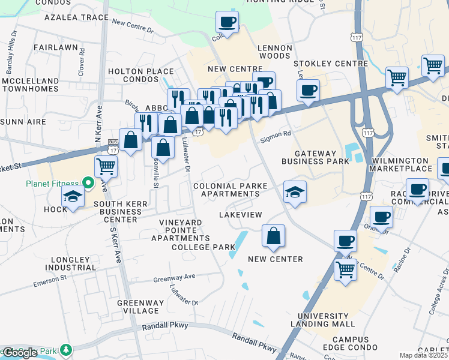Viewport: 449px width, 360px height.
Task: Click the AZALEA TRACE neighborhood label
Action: pos(76,17)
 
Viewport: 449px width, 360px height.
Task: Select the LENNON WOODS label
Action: pos(274,52)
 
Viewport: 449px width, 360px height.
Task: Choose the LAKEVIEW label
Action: pos(240,214)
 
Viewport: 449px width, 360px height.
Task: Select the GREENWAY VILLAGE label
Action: pos(138,307)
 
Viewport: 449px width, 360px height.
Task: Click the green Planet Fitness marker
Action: pos(88,182)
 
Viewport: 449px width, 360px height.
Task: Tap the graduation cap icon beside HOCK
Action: pos(73,196)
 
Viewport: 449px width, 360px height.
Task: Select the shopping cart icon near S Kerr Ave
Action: pos(106,166)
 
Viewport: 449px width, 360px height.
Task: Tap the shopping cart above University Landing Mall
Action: pos(345,269)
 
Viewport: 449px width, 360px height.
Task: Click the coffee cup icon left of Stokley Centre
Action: pos(308,90)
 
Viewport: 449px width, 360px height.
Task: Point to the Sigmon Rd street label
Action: pos(276,137)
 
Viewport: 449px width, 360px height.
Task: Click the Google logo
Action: pos(20,353)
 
